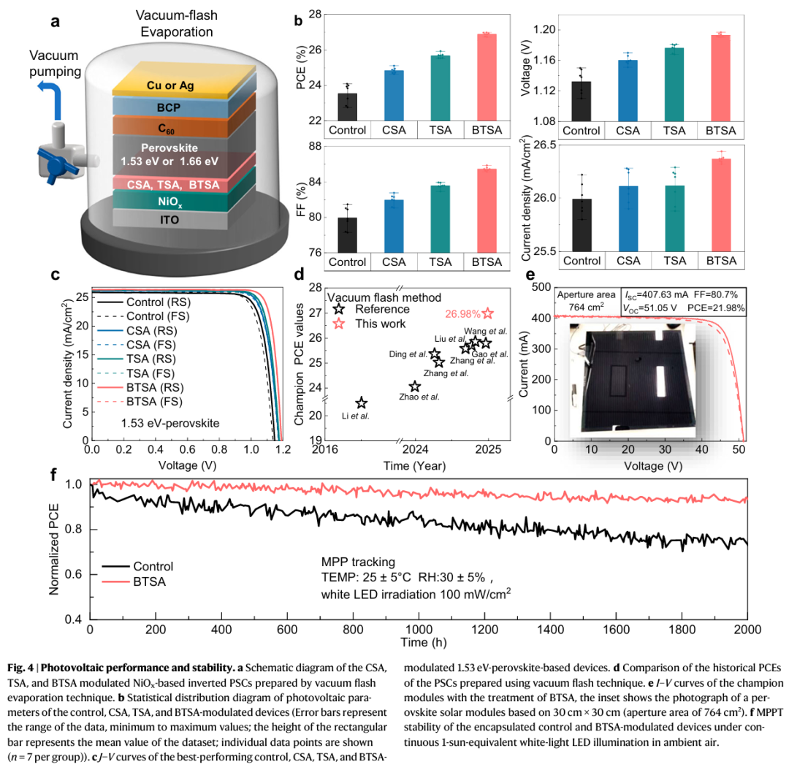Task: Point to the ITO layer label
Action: point(175,217)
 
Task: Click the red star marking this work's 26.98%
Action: point(488,313)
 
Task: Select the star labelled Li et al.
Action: point(362,403)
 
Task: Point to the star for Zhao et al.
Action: point(415,386)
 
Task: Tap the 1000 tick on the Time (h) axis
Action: point(419,630)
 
